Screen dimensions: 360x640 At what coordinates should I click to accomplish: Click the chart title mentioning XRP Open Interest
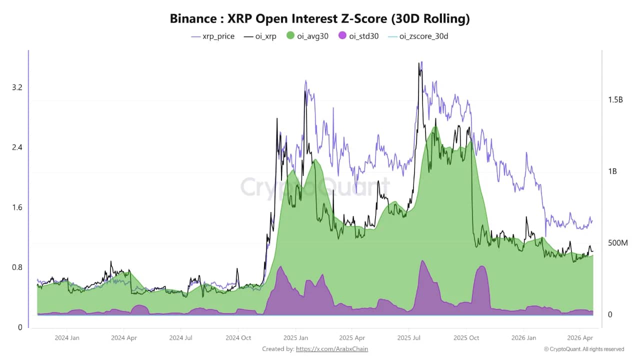pyautogui.click(x=320, y=19)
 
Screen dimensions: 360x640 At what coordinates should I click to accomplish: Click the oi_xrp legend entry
pyautogui.click(x=260, y=36)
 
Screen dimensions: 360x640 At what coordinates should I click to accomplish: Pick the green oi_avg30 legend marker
pyautogui.click(x=290, y=36)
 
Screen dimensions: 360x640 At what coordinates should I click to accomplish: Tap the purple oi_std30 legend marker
pyautogui.click(x=342, y=36)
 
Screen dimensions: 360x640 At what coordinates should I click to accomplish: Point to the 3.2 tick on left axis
pyautogui.click(x=17, y=87)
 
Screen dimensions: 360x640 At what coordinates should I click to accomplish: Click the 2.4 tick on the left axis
pyautogui.click(x=17, y=147)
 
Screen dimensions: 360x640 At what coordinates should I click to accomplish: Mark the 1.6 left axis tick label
pyautogui.click(x=17, y=207)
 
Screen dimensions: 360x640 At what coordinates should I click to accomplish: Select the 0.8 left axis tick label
pyautogui.click(x=17, y=267)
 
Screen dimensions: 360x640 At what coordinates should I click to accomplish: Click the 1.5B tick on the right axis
pyautogui.click(x=615, y=100)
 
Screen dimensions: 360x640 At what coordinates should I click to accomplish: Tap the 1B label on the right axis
pyautogui.click(x=612, y=171)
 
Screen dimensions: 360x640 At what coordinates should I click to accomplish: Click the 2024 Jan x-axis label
pyautogui.click(x=67, y=338)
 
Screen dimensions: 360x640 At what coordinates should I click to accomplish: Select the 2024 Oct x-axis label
pyautogui.click(x=238, y=338)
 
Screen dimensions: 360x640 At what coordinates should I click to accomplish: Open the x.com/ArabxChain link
pyautogui.click(x=332, y=349)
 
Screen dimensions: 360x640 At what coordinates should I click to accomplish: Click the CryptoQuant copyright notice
pyautogui.click(x=584, y=349)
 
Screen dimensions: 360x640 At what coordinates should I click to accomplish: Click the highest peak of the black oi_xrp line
pyautogui.click(x=418, y=63)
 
